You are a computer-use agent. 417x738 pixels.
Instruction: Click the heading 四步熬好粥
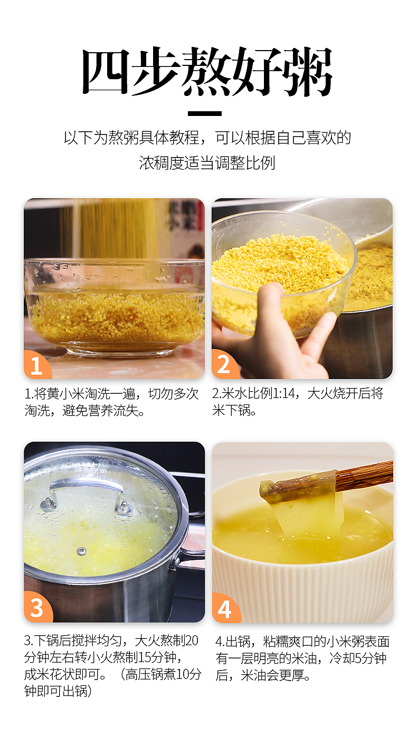click(x=208, y=73)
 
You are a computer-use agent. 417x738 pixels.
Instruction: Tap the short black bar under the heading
click(x=205, y=113)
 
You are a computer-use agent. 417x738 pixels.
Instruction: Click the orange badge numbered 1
click(x=36, y=365)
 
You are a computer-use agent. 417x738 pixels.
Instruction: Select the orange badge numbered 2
click(x=224, y=365)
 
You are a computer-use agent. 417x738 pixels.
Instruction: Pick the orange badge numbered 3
click(x=36, y=608)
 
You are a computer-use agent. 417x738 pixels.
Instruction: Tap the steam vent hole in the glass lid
click(x=81, y=551)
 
